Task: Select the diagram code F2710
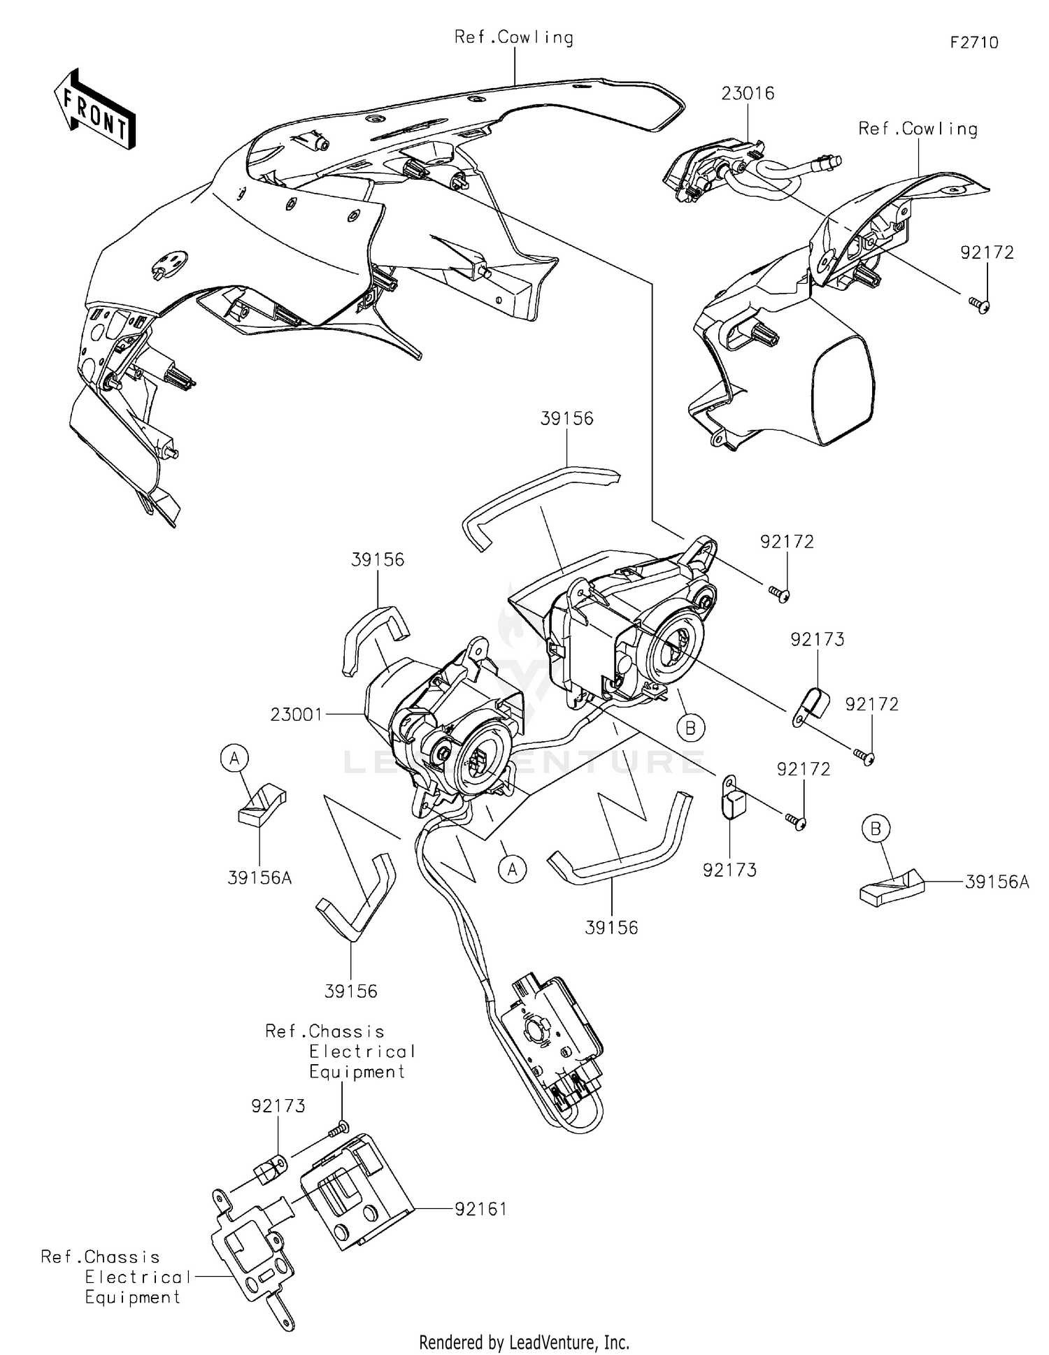pyautogui.click(x=973, y=43)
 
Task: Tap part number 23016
pyautogui.click(x=748, y=94)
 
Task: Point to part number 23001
pyautogui.click(x=297, y=715)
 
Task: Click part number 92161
pyautogui.click(x=480, y=1209)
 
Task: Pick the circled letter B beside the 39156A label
pyautogui.click(x=876, y=829)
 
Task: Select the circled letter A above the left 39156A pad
pyautogui.click(x=234, y=757)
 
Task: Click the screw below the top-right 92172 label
pyautogui.click(x=983, y=305)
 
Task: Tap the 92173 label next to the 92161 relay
pyautogui.click(x=278, y=1106)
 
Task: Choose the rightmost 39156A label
pyautogui.click(x=997, y=882)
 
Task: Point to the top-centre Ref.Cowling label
pyautogui.click(x=513, y=38)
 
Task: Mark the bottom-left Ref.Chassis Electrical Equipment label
pyautogui.click(x=115, y=1277)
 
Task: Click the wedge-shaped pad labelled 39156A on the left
pyautogui.click(x=259, y=805)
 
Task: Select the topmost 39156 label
pyautogui.click(x=566, y=419)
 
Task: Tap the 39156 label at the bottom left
pyautogui.click(x=350, y=991)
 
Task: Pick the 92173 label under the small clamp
pyautogui.click(x=729, y=870)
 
